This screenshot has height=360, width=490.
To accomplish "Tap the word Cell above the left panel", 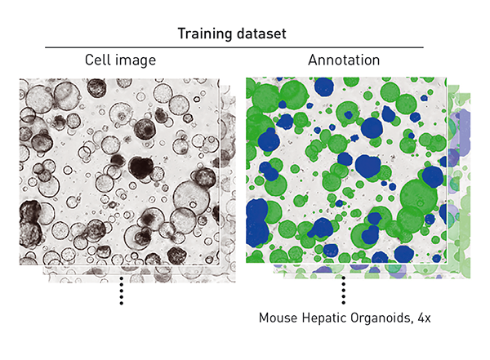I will [x=100, y=61].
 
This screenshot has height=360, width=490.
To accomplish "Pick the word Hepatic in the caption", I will [x=321, y=318].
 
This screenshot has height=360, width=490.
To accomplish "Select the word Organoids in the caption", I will [x=377, y=318].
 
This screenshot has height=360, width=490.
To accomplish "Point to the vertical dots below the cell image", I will [x=121, y=291].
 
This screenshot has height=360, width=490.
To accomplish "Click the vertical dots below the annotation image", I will [x=344, y=291].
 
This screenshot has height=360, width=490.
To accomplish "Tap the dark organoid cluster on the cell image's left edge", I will [x=30, y=214].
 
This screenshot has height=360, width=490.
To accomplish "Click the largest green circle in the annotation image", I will [x=418, y=200].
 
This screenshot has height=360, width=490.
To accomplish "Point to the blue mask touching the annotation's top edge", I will [x=323, y=87].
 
